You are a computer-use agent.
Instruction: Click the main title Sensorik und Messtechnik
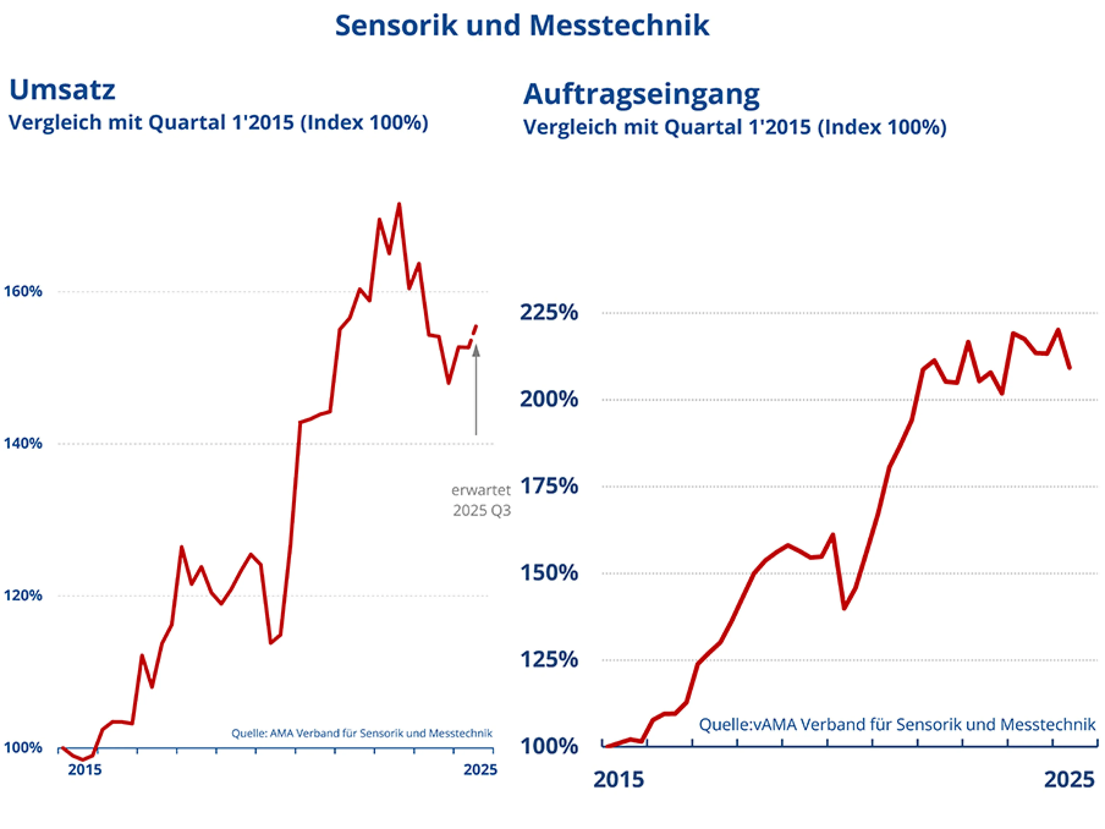pos(522,25)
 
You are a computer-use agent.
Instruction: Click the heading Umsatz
pos(62,90)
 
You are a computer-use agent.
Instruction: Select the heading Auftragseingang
pos(641,94)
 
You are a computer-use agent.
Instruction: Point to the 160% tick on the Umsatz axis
pos(23,291)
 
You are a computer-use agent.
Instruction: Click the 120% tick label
pos(23,595)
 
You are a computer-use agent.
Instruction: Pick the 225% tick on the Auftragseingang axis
pos(549,312)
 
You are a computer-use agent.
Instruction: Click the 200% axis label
pos(549,399)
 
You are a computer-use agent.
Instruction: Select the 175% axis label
pos(549,486)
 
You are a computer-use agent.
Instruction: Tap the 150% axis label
pos(549,573)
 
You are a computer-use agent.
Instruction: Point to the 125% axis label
pos(549,660)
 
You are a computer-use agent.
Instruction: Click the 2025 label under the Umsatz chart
pos(480,769)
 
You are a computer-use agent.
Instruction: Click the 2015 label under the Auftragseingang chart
pos(618,779)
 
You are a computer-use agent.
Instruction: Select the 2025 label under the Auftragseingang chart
pos(1069,779)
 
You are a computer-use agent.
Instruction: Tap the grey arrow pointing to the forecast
pos(476,390)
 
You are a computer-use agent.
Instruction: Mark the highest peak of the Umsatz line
pos(399,204)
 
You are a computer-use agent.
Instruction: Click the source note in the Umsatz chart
pos(362,733)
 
